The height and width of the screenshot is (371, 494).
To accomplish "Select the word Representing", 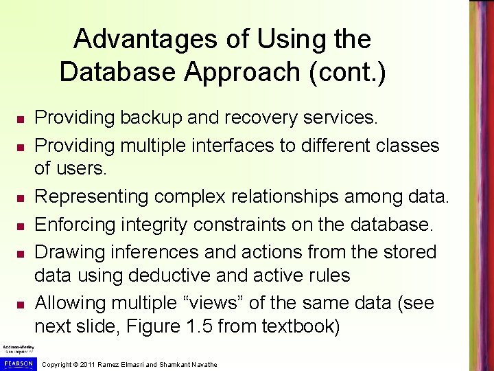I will pyautogui.click(x=91, y=196).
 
